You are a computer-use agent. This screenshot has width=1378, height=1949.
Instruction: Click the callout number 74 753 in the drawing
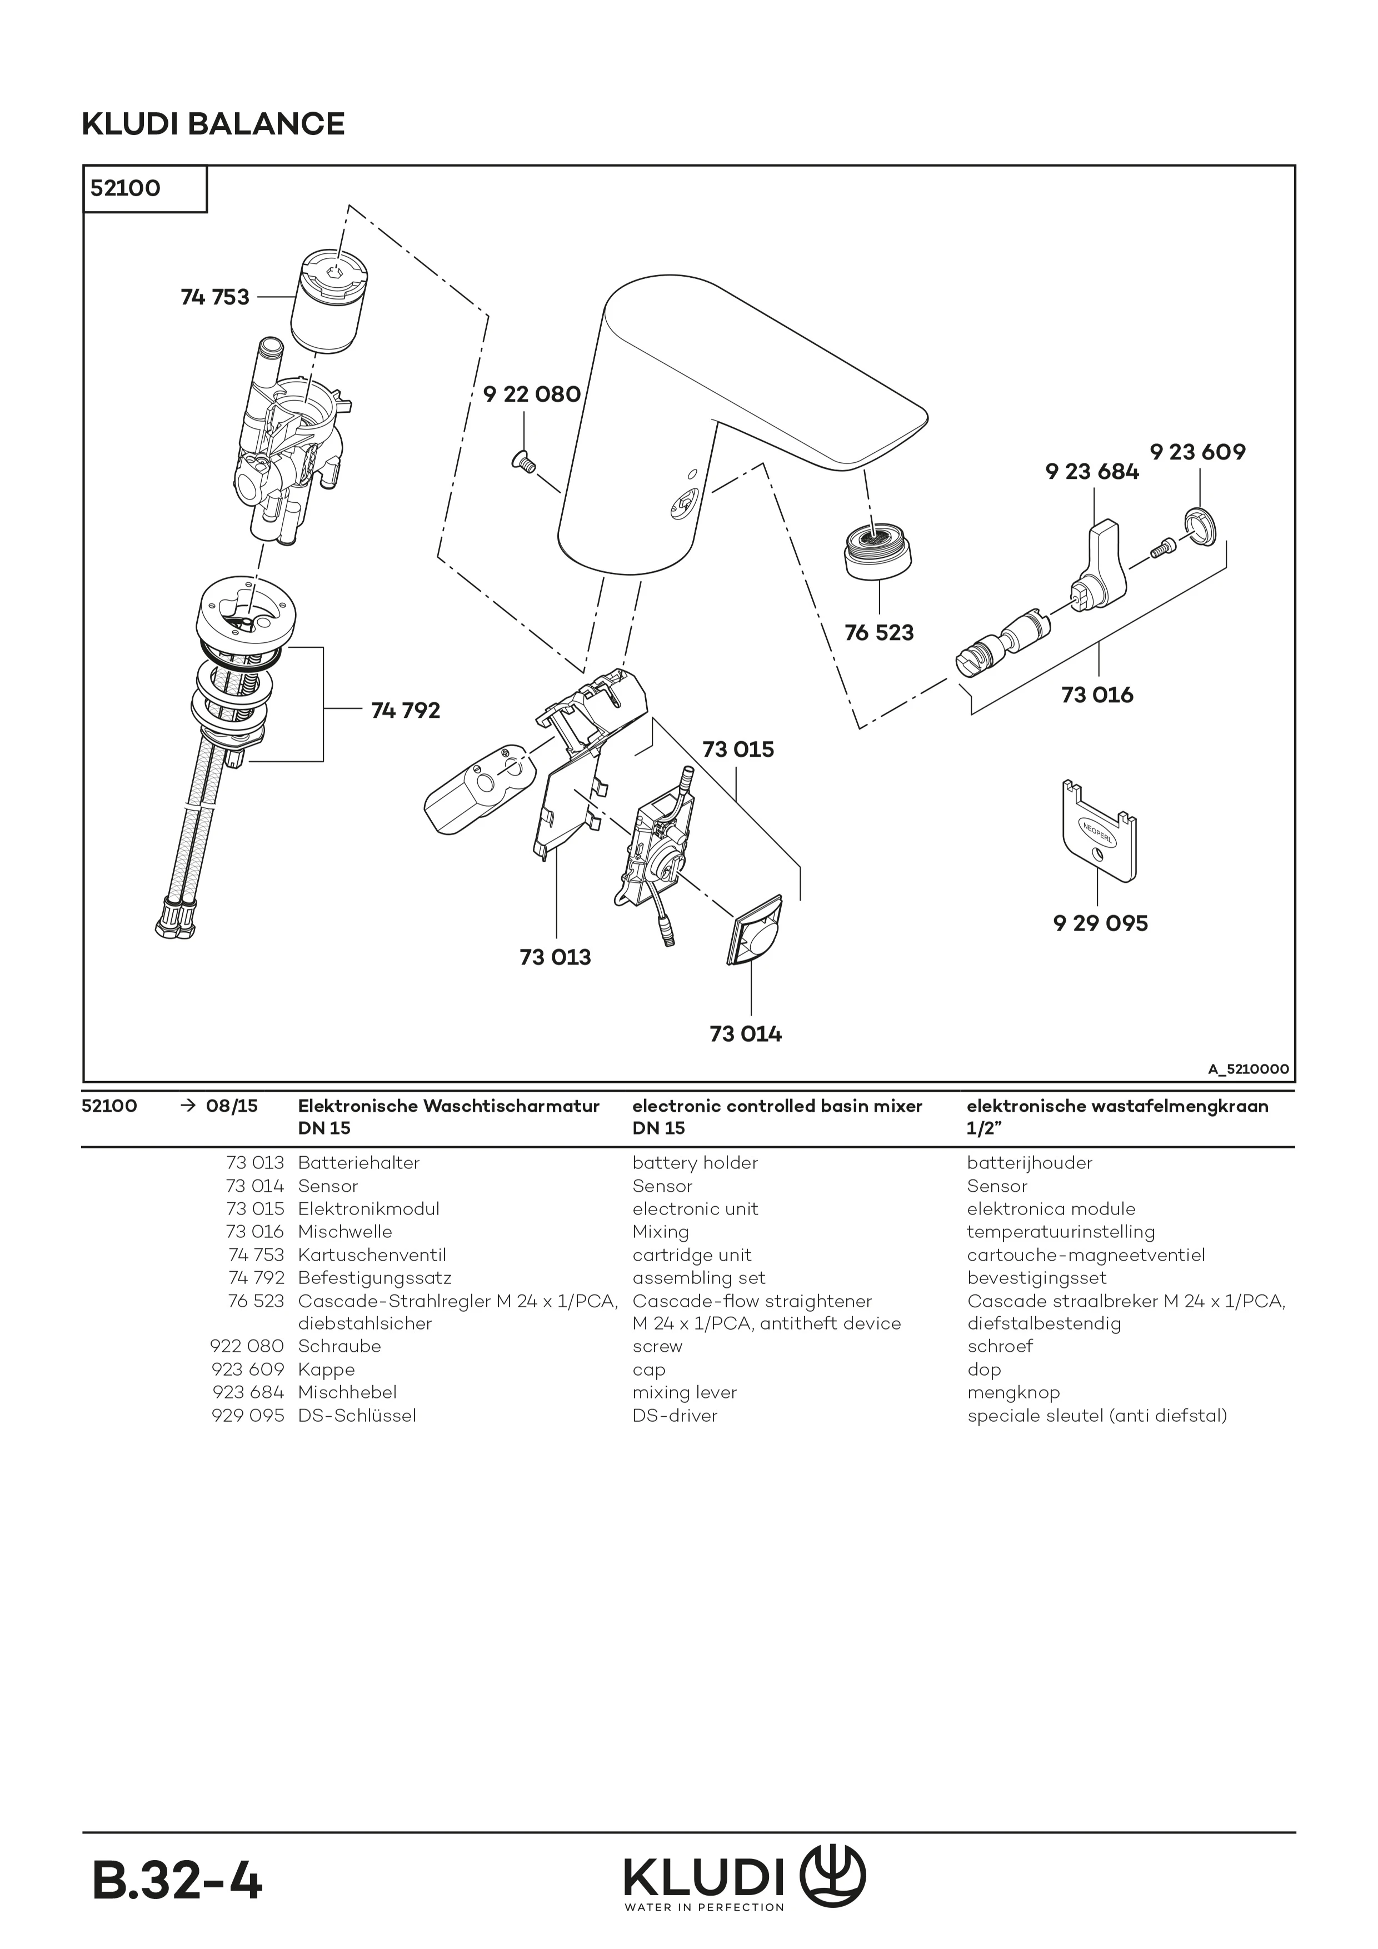click(x=215, y=297)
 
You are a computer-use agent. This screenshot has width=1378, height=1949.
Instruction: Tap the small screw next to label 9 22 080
click(x=522, y=461)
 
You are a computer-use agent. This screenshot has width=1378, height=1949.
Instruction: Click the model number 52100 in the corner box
click(x=126, y=188)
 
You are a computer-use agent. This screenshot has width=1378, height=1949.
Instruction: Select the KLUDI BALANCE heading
click(x=213, y=124)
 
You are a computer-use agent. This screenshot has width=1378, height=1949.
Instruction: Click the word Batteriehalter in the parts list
click(x=358, y=1163)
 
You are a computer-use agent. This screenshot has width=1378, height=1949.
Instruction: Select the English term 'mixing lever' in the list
click(x=685, y=1392)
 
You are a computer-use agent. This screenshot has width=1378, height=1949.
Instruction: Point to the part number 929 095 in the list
click(x=247, y=1415)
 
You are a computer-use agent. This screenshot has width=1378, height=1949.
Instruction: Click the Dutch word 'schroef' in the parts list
click(x=999, y=1346)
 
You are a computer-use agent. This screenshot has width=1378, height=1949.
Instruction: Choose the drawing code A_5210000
click(x=1247, y=1069)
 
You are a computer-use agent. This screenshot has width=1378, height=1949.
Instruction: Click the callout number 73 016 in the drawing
click(x=1097, y=694)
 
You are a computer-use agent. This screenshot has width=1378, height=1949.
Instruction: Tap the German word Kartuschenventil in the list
click(x=372, y=1255)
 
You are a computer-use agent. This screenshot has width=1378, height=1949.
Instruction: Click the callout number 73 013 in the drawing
click(x=555, y=957)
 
